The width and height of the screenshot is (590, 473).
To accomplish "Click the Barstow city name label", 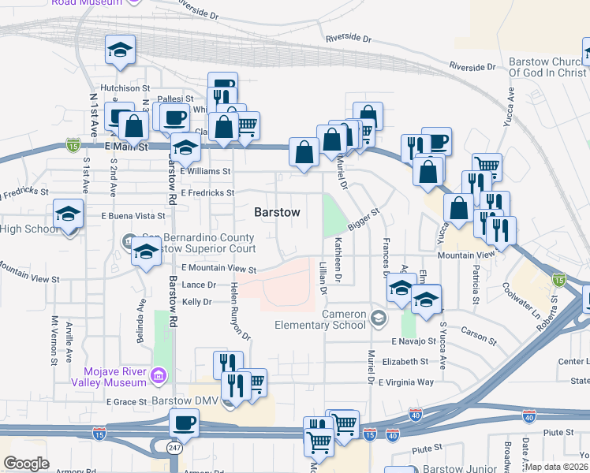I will pyautogui.click(x=277, y=213).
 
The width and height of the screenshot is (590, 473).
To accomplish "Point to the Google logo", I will pyautogui.click(x=26, y=464).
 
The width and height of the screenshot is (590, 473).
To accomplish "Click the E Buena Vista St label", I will pyautogui.click(x=133, y=215).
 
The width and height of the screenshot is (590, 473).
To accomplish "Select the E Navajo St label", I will pyautogui.click(x=413, y=341).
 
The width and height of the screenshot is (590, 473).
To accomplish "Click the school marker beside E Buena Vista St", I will pyautogui.click(x=69, y=215).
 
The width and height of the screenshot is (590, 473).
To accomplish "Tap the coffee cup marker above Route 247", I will pyautogui.click(x=184, y=423).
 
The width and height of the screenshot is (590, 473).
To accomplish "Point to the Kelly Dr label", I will pyautogui.click(x=197, y=302).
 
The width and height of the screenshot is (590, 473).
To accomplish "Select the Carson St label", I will pyautogui.click(x=479, y=337).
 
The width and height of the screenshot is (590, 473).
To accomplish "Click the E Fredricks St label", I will pyautogui.click(x=207, y=192).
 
